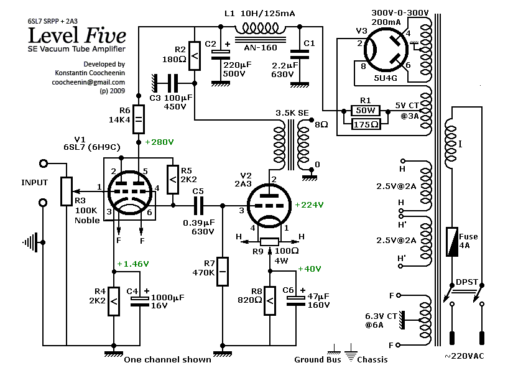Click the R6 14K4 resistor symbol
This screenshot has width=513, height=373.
click(139, 119)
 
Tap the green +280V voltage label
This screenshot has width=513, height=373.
click(159, 142)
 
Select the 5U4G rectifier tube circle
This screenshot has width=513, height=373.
click(386, 50)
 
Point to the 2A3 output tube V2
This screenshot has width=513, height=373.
click(269, 205)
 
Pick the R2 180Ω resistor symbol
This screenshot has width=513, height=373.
click(195, 55)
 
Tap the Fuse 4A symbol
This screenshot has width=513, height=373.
click(452, 242)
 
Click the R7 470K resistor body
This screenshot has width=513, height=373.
click(223, 272)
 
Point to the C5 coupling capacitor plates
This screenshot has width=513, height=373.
click(198, 206)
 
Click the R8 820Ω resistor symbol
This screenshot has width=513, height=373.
click(270, 301)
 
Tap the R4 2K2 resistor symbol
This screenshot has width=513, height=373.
click(114, 302)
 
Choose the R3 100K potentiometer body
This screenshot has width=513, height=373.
click(67, 191)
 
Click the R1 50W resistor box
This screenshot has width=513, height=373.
click(366, 111)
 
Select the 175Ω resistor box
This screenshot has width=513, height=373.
click(366, 124)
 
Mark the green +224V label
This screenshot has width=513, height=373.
click(309, 205)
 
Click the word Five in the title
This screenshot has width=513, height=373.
click(106, 35)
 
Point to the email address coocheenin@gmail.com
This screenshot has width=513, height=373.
click(88, 82)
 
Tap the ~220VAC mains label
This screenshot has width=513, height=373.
click(464, 356)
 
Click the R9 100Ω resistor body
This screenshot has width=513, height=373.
click(270, 242)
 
